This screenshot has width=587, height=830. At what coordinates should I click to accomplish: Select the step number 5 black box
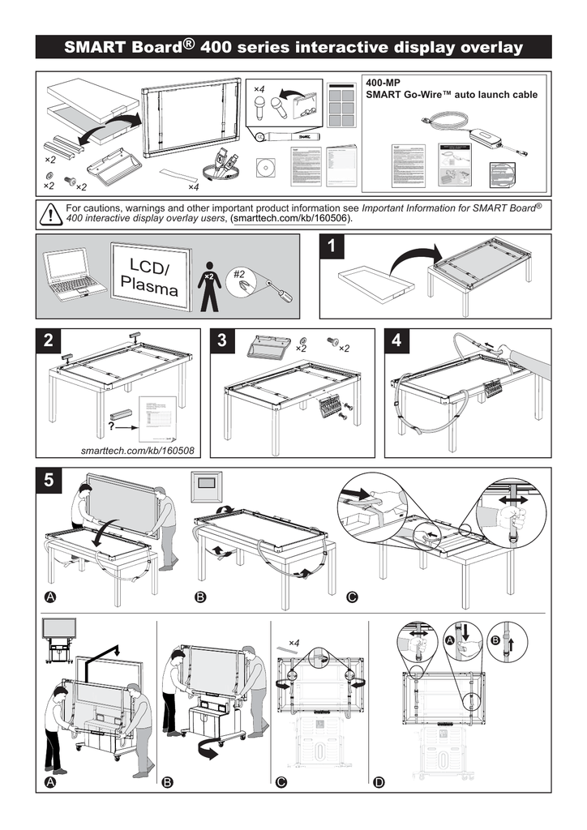click(x=50, y=481)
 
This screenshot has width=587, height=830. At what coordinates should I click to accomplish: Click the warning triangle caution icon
click(x=51, y=214)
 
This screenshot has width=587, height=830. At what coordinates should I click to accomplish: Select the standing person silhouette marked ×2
click(x=209, y=284)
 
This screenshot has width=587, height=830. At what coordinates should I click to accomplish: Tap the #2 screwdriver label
click(x=239, y=274)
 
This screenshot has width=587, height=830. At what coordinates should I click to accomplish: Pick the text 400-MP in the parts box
click(x=383, y=83)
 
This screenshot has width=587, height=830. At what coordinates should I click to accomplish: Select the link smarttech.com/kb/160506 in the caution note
click(x=291, y=219)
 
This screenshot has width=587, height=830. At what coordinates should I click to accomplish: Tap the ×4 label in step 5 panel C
click(x=293, y=643)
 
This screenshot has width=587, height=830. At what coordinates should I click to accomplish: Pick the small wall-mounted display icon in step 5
click(x=208, y=490)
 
